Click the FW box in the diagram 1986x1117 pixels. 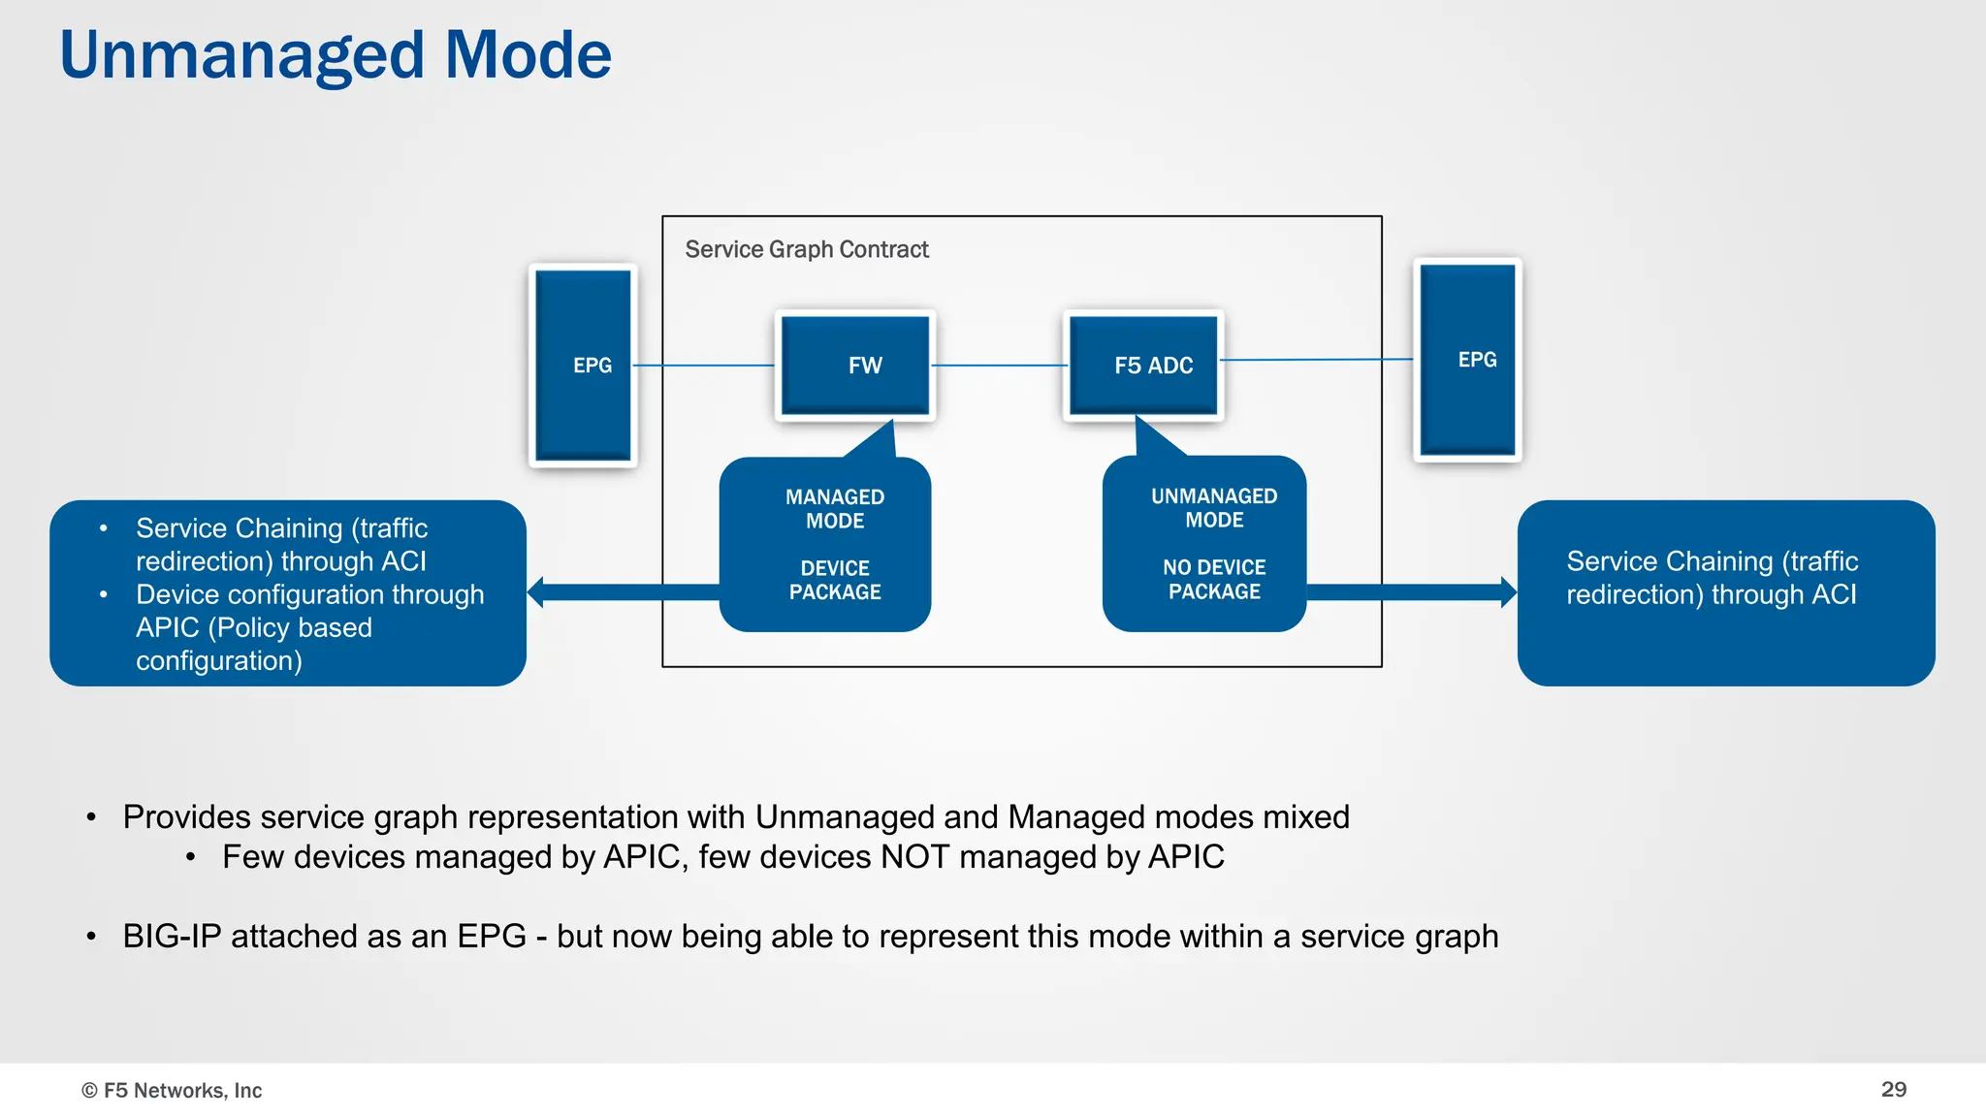coord(855,366)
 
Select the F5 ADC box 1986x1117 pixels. coord(1143,366)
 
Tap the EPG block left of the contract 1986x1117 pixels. coord(583,366)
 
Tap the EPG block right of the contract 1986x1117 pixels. coord(1467,360)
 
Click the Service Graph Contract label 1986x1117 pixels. coord(806,250)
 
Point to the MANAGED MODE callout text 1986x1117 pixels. coord(835,509)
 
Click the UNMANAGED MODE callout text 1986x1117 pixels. coord(1214,508)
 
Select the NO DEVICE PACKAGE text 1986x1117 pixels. coord(1214,580)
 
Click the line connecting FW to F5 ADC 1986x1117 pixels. coord(999,366)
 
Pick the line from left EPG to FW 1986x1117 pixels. coord(704,366)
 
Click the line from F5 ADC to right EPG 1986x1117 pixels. coord(1316,360)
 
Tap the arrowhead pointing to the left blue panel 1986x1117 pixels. coord(536,592)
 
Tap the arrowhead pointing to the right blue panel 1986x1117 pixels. coord(1508,592)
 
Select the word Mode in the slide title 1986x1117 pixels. coord(528,56)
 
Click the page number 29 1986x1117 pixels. coord(1893,1090)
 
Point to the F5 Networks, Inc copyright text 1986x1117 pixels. coord(172,1091)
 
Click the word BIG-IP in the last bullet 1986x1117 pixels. coord(172,937)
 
